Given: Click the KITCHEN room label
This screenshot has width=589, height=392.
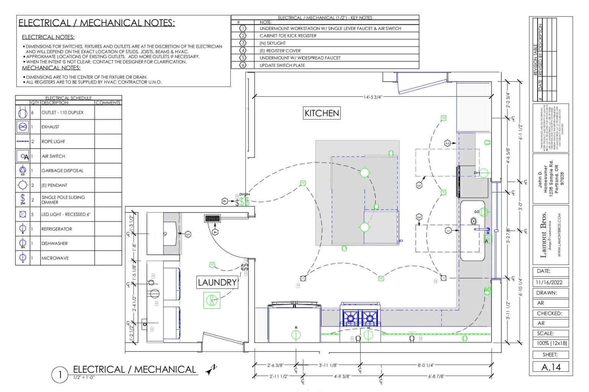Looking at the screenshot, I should pyautogui.click(x=322, y=113).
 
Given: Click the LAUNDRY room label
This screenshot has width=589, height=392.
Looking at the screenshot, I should pyautogui.click(x=217, y=283).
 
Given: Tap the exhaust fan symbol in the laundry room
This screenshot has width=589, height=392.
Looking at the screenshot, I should pyautogui.click(x=211, y=300).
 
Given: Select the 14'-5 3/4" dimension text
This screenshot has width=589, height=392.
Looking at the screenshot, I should pyautogui.click(x=373, y=97).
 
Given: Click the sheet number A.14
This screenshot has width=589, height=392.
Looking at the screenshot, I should pyautogui.click(x=551, y=367).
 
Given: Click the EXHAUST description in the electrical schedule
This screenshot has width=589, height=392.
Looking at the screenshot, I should pyautogui.click(x=50, y=127).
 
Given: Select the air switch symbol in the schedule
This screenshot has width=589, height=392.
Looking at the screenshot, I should pyautogui.click(x=23, y=156).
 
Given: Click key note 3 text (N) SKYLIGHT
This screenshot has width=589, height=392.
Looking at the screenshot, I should pyautogui.click(x=272, y=43).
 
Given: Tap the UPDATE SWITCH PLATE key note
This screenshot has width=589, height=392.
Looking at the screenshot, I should pyautogui.click(x=282, y=65).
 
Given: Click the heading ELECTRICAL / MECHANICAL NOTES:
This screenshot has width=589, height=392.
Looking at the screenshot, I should pyautogui.click(x=97, y=23).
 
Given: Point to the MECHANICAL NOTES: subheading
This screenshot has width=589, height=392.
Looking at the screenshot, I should pyautogui.click(x=51, y=68).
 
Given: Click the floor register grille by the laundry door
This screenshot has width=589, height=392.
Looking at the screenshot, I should pyautogui.click(x=212, y=219).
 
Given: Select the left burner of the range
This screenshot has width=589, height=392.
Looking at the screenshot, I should pyautogui.click(x=350, y=318).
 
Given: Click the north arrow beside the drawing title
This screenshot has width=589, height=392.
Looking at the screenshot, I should pyautogui.click(x=211, y=369).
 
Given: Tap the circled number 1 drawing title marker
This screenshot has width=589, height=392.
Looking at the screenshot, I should pyautogui.click(x=59, y=374).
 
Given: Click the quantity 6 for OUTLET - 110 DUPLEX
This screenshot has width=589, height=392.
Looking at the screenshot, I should pyautogui.click(x=33, y=113).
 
